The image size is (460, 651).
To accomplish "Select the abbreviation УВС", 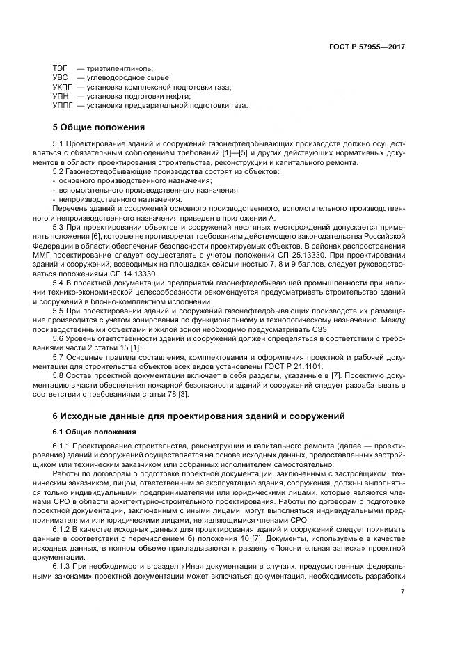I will tap(60, 78).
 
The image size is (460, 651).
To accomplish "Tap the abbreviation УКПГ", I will tap(63, 88).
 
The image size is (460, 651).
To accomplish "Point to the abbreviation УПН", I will tap(61, 97).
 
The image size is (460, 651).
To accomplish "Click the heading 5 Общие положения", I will tap(99, 128).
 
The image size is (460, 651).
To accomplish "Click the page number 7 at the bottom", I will tap(402, 592).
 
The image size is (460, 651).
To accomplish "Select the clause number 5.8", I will tap(60, 375).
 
